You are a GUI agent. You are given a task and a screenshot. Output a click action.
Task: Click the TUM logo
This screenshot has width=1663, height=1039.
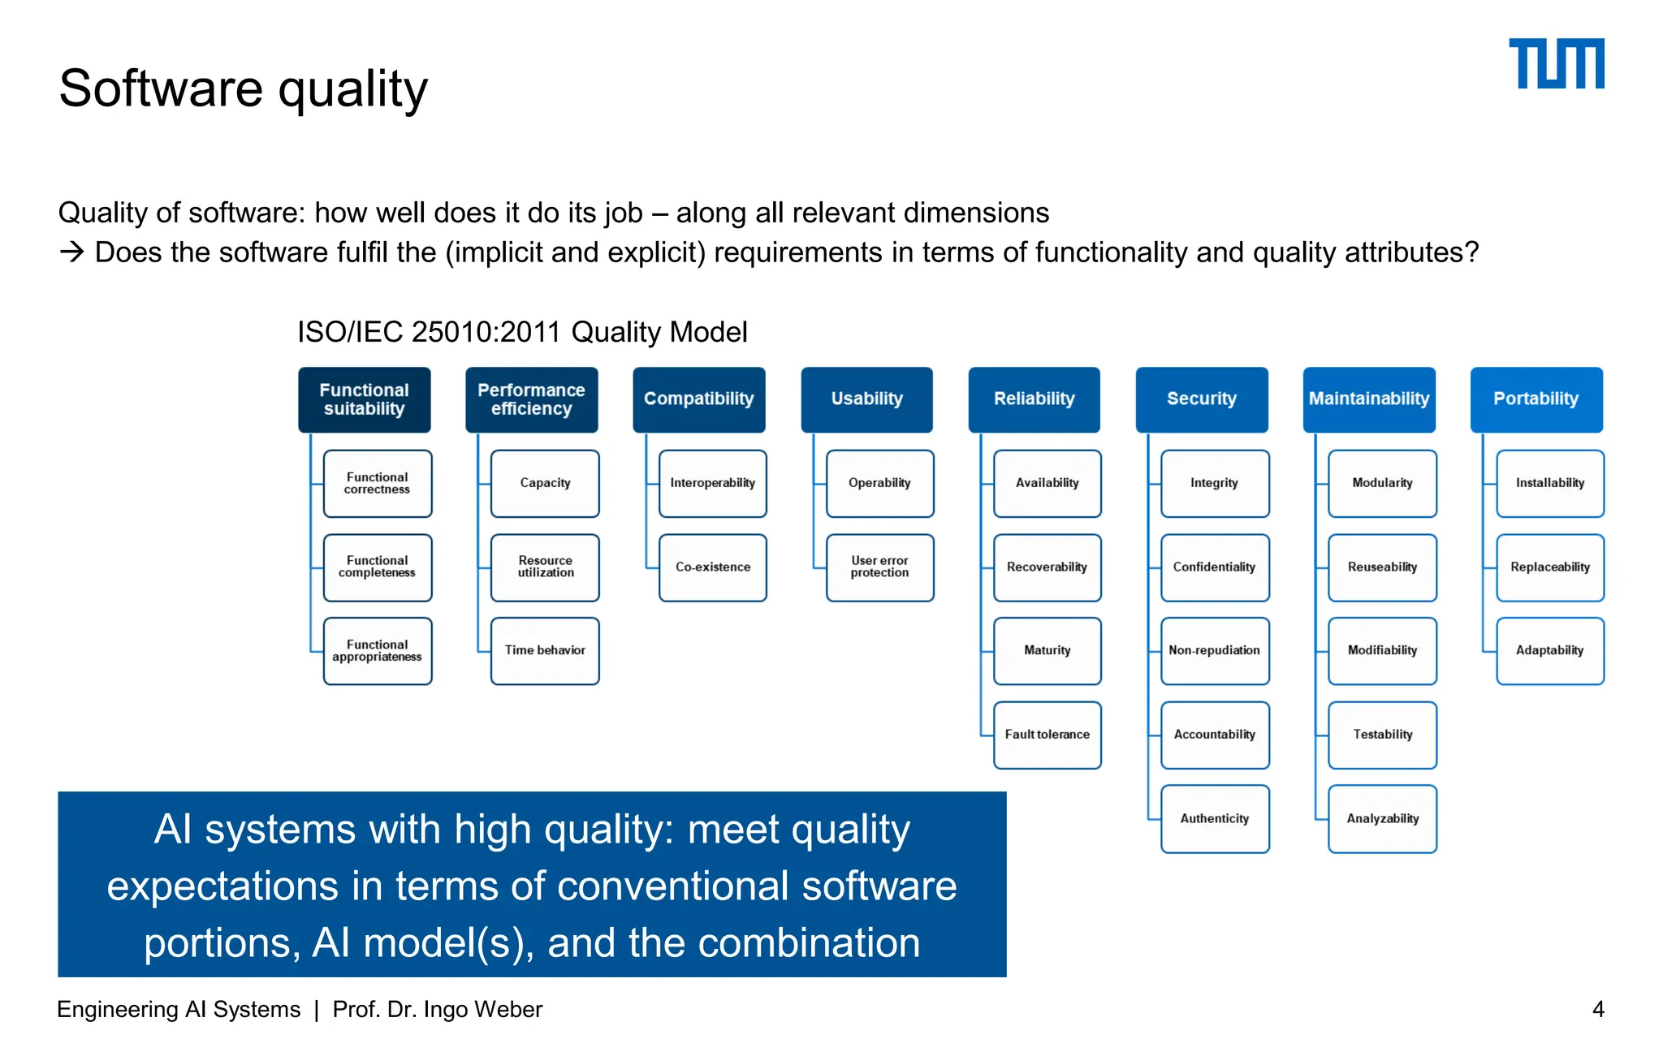point(1556,63)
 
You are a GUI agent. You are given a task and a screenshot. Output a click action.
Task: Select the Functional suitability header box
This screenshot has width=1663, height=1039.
point(364,399)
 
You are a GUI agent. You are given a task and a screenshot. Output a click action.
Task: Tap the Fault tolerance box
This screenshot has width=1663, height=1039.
point(1047,735)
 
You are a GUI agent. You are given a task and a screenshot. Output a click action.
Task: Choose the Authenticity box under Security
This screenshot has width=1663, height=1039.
point(1214,818)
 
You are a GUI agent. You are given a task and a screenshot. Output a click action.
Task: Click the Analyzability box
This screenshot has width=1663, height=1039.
point(1382,818)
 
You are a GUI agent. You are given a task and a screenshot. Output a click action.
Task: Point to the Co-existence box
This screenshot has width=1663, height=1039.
point(712,567)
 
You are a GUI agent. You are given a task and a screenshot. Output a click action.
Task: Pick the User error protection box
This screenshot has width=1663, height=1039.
point(879,567)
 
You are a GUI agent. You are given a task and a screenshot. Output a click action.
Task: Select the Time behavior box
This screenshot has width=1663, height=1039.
point(545,651)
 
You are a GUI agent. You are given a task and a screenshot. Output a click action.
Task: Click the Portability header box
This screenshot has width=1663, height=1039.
point(1536,399)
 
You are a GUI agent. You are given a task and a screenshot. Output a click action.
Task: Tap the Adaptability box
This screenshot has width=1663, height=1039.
point(1549,651)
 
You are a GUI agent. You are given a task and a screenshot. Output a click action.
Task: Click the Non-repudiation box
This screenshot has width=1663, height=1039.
point(1214,651)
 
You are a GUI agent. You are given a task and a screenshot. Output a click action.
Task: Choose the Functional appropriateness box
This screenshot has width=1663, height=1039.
point(377,651)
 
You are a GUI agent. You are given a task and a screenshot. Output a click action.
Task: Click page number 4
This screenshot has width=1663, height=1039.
point(1597,1009)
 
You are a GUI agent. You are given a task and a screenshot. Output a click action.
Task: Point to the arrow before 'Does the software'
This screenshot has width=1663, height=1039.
point(71,252)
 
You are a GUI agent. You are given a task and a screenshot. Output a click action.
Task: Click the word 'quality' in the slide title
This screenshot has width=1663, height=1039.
point(352,89)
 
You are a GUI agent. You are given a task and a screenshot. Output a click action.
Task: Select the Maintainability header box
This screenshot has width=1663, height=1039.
point(1368,399)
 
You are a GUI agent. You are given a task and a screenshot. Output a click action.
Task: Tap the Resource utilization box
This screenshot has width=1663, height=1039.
point(545,567)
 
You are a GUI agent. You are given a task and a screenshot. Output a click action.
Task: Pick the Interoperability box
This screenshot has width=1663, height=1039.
point(712,483)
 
